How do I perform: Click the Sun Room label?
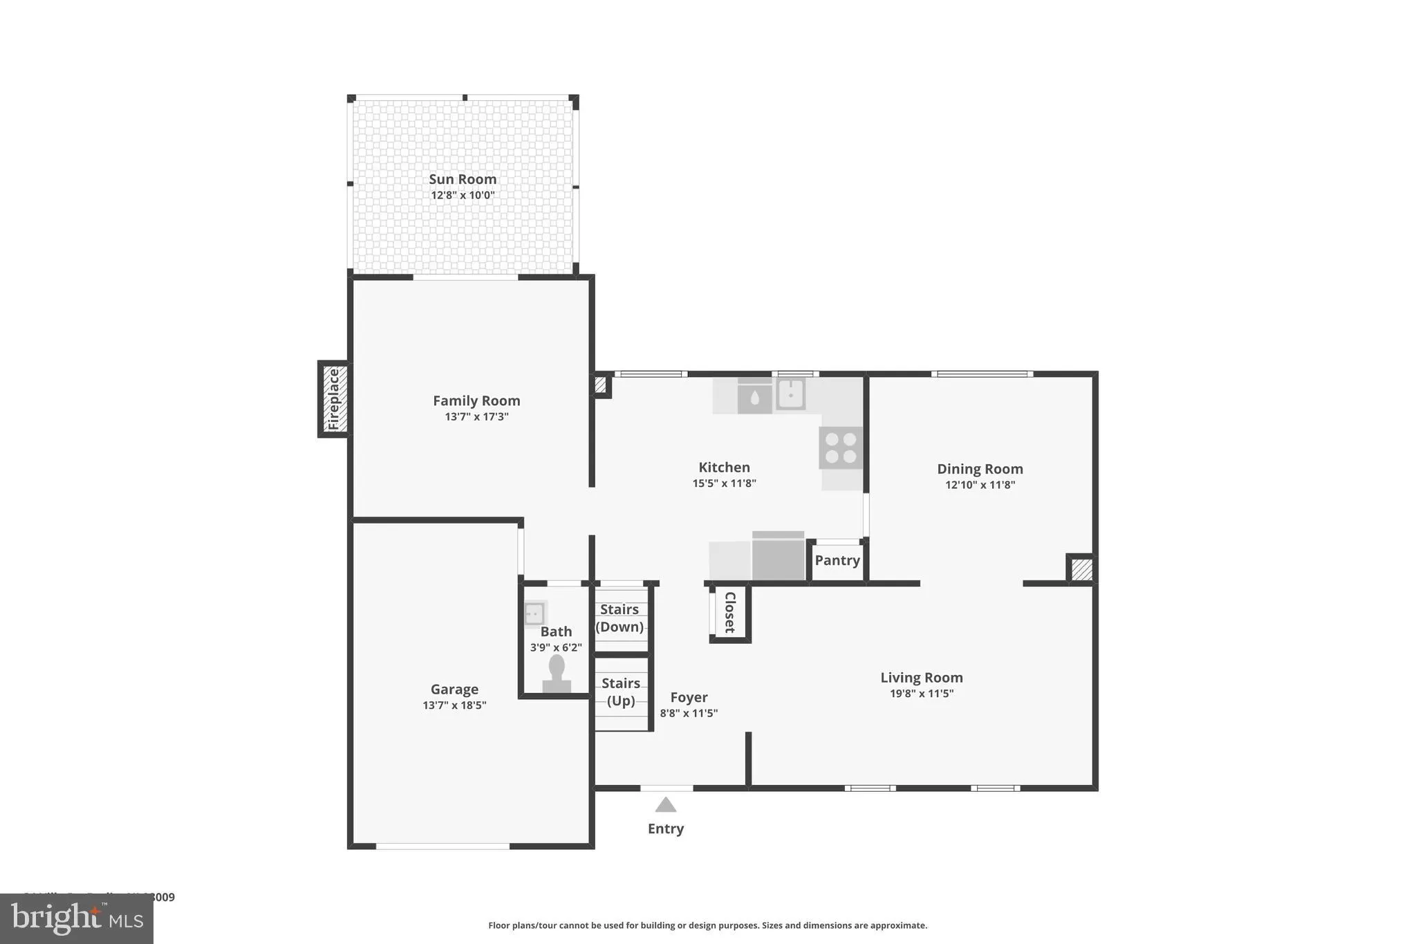[x=463, y=179]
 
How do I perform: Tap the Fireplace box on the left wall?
[x=334, y=399]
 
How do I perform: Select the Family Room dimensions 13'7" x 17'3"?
[x=476, y=416]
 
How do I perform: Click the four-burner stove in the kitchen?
[x=841, y=448]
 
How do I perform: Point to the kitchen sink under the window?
[x=790, y=394]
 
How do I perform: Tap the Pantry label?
[x=837, y=560]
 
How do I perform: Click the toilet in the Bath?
[x=557, y=674]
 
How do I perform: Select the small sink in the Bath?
[x=534, y=613]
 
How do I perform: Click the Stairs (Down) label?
[x=619, y=618]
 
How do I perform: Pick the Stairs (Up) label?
[x=620, y=692]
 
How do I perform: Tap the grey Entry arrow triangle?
[x=665, y=804]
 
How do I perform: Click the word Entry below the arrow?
[x=665, y=829]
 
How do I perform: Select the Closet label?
[x=729, y=612]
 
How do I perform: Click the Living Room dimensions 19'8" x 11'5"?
[x=921, y=694]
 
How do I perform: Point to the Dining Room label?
[x=980, y=469]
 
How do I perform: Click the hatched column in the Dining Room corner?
[x=1081, y=570]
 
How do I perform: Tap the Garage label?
[x=454, y=690]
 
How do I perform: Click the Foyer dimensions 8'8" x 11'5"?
[x=689, y=713]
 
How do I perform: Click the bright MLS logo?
[x=77, y=918]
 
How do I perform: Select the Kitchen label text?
[x=724, y=468]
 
